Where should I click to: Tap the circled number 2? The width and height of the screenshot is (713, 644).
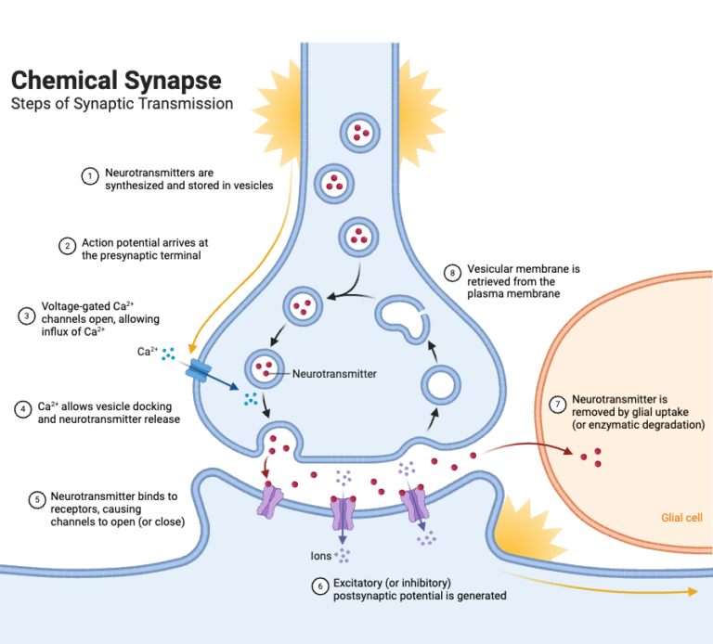(67, 246)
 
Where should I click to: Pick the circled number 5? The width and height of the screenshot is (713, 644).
(37, 499)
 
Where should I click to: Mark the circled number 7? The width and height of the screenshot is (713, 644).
(558, 405)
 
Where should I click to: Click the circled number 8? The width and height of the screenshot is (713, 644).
(453, 273)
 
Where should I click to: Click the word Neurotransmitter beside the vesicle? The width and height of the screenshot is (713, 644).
(334, 374)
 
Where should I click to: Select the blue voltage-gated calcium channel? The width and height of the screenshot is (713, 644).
(198, 369)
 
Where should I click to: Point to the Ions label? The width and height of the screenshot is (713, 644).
(321, 556)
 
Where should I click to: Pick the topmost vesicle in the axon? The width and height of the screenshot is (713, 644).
(357, 134)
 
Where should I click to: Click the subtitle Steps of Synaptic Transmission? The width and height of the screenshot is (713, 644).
(122, 103)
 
